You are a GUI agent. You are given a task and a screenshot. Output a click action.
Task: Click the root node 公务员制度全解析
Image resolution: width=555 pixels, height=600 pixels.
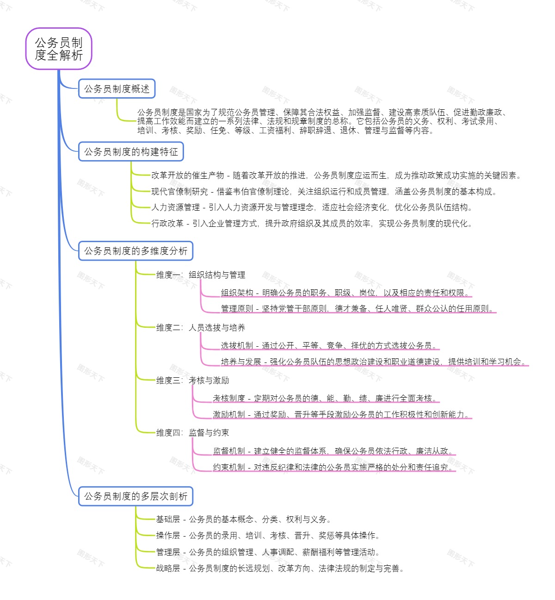(59, 49)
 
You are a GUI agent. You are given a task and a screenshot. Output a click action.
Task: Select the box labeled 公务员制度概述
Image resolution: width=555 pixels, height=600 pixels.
(117, 89)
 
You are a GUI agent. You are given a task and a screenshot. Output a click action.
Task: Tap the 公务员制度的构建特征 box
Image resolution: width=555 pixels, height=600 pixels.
(131, 152)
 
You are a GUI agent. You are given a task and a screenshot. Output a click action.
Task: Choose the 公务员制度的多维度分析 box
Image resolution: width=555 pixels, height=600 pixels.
(136, 251)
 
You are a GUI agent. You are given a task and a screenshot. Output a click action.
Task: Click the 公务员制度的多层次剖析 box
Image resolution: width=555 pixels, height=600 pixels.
(136, 496)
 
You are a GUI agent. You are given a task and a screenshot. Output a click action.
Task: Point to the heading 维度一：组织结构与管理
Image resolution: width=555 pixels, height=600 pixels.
(201, 275)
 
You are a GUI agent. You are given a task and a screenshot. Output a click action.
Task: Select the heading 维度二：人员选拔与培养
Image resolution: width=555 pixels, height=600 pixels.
(201, 328)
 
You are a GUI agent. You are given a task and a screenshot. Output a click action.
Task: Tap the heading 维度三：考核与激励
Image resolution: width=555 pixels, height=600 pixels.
(192, 381)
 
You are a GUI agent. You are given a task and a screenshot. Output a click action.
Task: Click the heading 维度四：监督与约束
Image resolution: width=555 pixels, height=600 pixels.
(192, 433)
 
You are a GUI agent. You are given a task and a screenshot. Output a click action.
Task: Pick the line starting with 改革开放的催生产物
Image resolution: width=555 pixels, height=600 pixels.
(336, 175)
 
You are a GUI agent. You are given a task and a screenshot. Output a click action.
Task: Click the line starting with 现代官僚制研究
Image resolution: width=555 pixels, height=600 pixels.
(324, 192)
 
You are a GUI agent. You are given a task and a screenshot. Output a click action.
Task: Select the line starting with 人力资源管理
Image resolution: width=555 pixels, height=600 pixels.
(312, 207)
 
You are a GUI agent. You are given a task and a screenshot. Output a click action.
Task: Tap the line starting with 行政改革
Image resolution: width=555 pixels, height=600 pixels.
(312, 224)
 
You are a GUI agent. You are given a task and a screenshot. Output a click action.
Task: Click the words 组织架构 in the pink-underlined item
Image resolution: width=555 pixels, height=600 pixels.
(237, 293)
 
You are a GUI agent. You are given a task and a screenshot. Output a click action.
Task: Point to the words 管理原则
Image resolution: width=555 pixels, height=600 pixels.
(237, 309)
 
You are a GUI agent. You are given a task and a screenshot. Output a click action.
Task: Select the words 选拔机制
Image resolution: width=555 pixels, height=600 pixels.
(237, 345)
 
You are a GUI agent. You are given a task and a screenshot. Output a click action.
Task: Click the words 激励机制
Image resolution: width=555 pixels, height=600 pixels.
(228, 414)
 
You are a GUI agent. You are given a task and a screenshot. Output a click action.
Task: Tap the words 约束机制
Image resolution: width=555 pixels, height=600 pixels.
(228, 468)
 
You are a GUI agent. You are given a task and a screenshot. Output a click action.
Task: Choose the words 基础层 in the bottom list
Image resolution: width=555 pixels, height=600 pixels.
(168, 519)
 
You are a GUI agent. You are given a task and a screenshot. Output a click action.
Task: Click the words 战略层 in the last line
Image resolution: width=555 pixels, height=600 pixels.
(168, 569)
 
